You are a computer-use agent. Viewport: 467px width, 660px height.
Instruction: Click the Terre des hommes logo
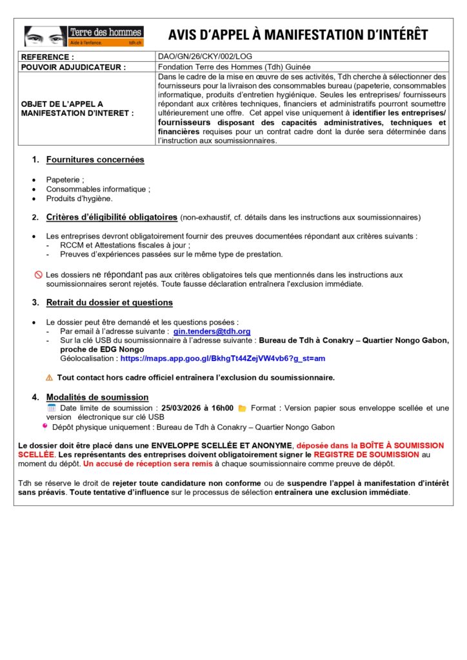(x=84, y=36)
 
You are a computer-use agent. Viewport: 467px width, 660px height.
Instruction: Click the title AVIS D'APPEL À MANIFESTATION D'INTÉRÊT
(x=297, y=35)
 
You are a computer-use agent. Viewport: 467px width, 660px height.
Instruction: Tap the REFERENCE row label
(x=48, y=57)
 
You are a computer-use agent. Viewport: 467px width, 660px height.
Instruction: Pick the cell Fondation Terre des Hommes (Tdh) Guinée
(x=234, y=66)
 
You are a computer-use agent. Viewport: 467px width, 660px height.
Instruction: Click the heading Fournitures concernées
(x=95, y=159)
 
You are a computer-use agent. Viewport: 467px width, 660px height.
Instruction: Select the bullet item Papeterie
(x=65, y=180)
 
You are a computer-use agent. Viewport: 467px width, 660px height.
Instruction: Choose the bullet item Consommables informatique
(x=98, y=189)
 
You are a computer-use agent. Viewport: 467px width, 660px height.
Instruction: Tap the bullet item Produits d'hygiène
(x=79, y=199)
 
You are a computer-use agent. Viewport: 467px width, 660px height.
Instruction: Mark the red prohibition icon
(x=38, y=275)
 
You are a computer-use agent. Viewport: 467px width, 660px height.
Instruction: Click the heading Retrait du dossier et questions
(x=109, y=302)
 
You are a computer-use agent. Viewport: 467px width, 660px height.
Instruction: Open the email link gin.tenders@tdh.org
(x=212, y=331)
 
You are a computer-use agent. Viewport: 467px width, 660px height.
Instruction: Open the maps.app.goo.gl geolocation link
(x=223, y=358)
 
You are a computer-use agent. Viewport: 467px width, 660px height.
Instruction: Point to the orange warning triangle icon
(x=49, y=378)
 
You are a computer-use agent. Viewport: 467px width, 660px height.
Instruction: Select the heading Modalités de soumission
(x=97, y=397)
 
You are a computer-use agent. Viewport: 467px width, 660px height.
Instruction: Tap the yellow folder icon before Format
(x=243, y=408)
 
